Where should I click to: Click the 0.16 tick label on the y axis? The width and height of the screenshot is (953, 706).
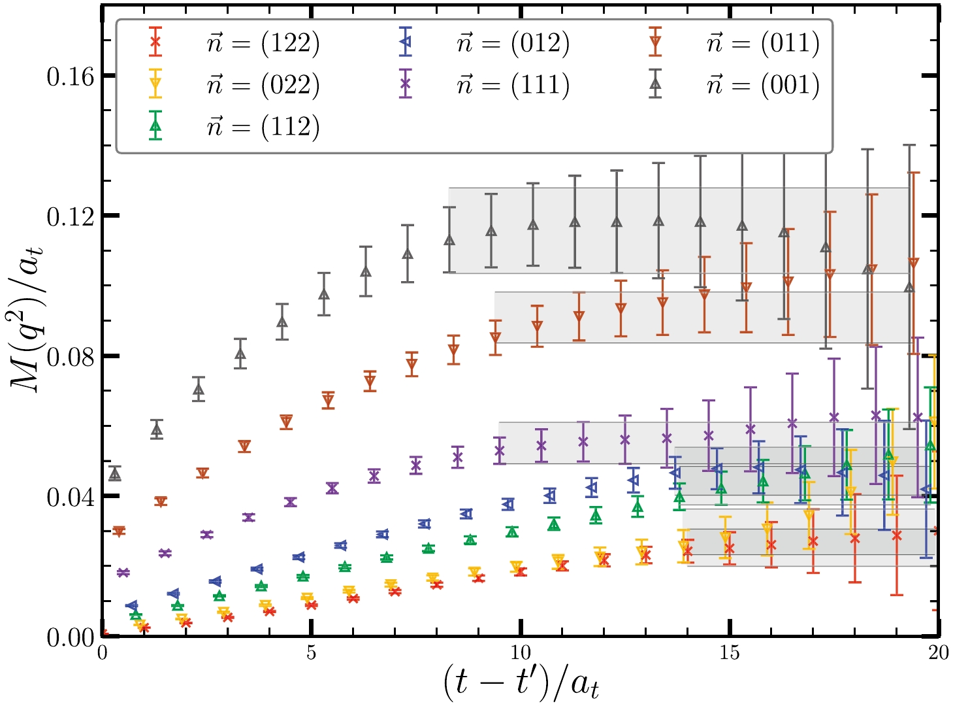70,76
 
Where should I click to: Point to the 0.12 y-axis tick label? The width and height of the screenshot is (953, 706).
70,216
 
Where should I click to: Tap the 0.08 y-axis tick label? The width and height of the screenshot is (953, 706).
70,357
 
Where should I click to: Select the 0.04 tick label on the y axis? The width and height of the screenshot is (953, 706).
70,497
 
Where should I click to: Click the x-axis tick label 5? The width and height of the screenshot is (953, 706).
311,653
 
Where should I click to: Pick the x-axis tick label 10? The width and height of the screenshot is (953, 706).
521,653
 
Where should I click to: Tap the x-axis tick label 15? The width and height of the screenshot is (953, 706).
730,653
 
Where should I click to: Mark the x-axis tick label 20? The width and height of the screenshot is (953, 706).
938,653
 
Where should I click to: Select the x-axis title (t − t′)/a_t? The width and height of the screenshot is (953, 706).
521,684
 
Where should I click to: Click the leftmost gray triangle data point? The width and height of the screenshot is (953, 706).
115,474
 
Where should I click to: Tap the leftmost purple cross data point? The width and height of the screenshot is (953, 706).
123,573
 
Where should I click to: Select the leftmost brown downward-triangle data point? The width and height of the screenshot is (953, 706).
119,531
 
